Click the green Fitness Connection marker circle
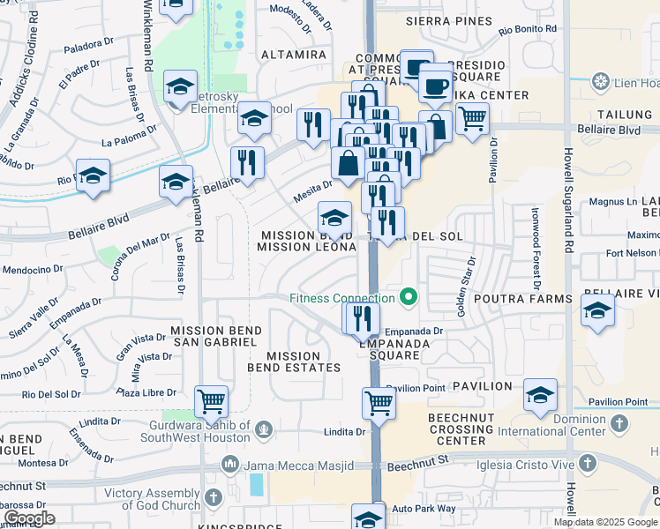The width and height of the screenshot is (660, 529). point(409,297)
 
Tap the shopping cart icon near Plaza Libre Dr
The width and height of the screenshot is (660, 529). point(211,402)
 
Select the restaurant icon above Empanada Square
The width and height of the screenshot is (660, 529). point(360,318)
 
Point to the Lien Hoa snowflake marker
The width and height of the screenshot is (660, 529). point(601,83)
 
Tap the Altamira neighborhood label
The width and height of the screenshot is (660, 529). point(288,54)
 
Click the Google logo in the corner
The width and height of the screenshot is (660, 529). point(29,518)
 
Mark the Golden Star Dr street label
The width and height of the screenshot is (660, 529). point(466,281)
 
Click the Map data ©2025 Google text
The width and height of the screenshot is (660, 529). point(605,522)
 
